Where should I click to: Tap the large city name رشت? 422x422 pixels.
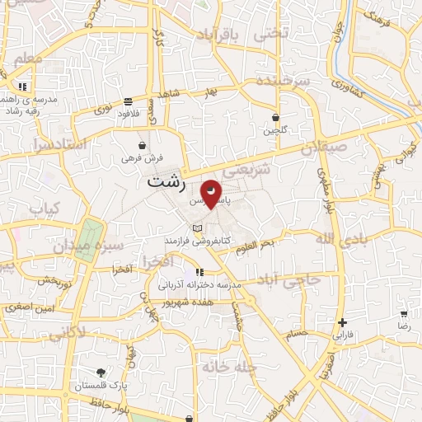pos(165,181)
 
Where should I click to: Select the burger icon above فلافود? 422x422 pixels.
pos(128,102)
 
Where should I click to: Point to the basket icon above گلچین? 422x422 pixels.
pos(275,118)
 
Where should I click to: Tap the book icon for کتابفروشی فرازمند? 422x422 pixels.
pos(196,228)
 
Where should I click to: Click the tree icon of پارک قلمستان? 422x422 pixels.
pos(101,373)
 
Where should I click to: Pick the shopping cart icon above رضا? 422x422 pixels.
pos(404,314)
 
